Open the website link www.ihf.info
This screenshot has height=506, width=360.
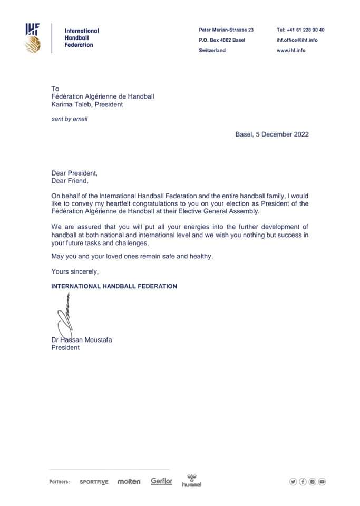coord(291,51)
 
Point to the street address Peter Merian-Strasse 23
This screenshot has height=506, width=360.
coord(226,30)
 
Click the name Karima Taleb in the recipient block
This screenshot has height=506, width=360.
coord(70,104)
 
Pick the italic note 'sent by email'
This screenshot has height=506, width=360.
coord(69,119)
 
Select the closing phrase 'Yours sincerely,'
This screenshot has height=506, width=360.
coord(75,272)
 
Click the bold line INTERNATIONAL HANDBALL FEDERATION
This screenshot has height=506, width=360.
coord(114,286)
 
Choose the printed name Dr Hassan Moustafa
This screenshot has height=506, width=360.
coord(81,340)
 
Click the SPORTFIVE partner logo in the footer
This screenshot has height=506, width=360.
coord(94,482)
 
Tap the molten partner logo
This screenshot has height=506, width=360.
coord(129,482)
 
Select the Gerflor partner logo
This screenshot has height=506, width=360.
coord(161,481)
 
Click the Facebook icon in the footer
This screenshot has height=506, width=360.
coord(303,481)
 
